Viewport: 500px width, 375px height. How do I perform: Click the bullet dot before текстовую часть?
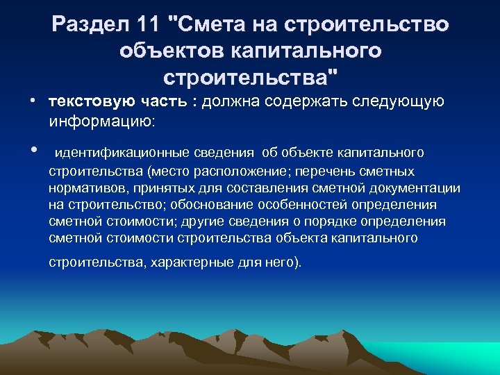[x=33, y=101]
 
